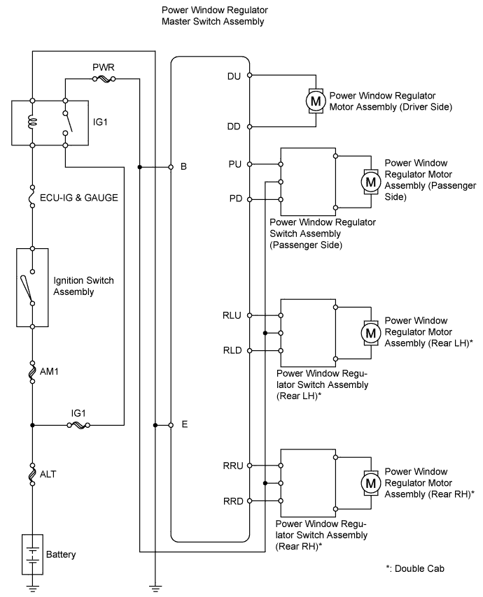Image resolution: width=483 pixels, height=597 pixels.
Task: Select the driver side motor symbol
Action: [x=315, y=100]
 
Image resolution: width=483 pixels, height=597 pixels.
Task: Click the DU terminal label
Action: [x=234, y=74]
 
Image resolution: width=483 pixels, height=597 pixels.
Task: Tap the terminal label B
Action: [x=183, y=168]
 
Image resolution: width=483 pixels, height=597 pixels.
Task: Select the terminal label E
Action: [x=184, y=424]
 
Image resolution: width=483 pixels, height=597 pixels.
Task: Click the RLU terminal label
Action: [x=231, y=315]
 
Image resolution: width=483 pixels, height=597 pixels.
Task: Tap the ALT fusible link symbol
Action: [x=32, y=475]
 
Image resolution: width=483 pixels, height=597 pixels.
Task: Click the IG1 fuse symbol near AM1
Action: [x=78, y=424]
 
